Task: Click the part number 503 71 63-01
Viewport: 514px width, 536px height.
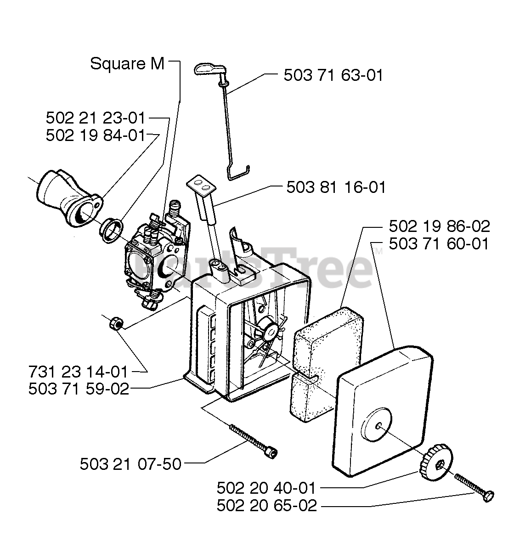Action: coord(333,75)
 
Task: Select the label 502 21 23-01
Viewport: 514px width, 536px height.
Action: coord(96,118)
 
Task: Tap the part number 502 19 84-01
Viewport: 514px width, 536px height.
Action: coord(96,135)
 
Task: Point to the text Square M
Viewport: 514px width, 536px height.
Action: coord(127,64)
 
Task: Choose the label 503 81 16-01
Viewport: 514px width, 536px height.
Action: coord(336,187)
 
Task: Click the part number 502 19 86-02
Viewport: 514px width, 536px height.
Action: coord(439,226)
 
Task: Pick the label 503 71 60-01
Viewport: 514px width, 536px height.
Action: coord(439,243)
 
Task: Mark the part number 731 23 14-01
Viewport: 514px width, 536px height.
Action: coord(78,371)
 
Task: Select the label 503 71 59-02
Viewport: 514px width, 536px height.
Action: coord(78,389)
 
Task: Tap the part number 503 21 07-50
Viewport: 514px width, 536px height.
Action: coord(130,464)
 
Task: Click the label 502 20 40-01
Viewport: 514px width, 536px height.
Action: coord(266,487)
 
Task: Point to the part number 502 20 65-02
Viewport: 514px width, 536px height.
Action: coord(266,506)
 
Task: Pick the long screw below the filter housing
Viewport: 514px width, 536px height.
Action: coord(253,440)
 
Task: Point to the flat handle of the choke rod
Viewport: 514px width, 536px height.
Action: coord(208,69)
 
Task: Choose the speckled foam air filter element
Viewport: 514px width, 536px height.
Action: coord(324,349)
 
